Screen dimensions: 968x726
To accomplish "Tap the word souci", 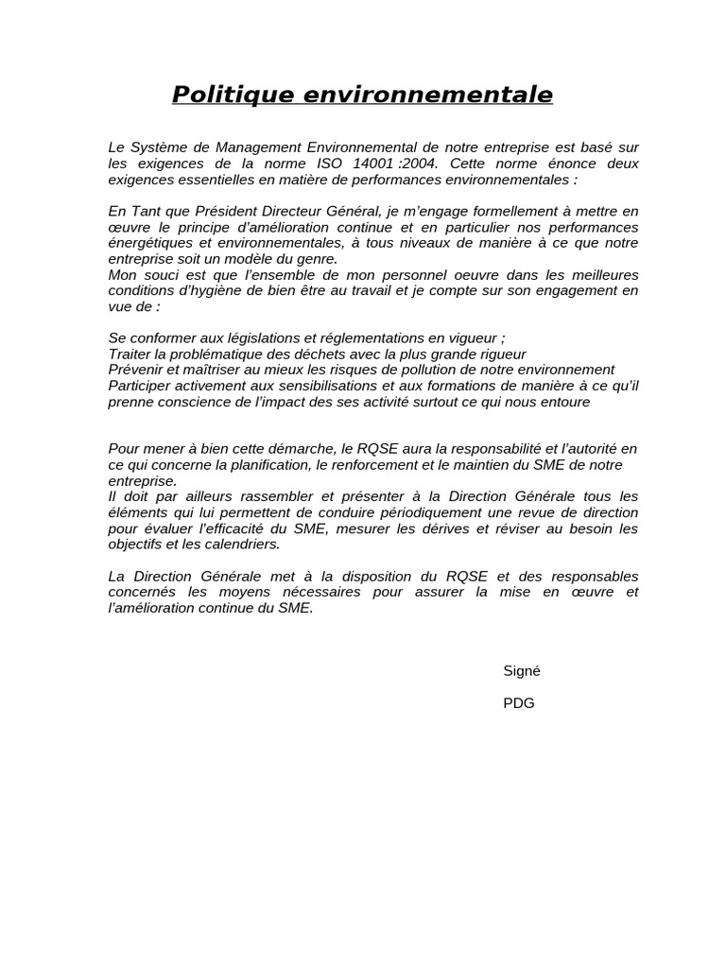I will coord(153,274).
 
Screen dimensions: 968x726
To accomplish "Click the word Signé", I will coord(522,670).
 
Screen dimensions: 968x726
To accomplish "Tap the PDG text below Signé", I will coord(519,702).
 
